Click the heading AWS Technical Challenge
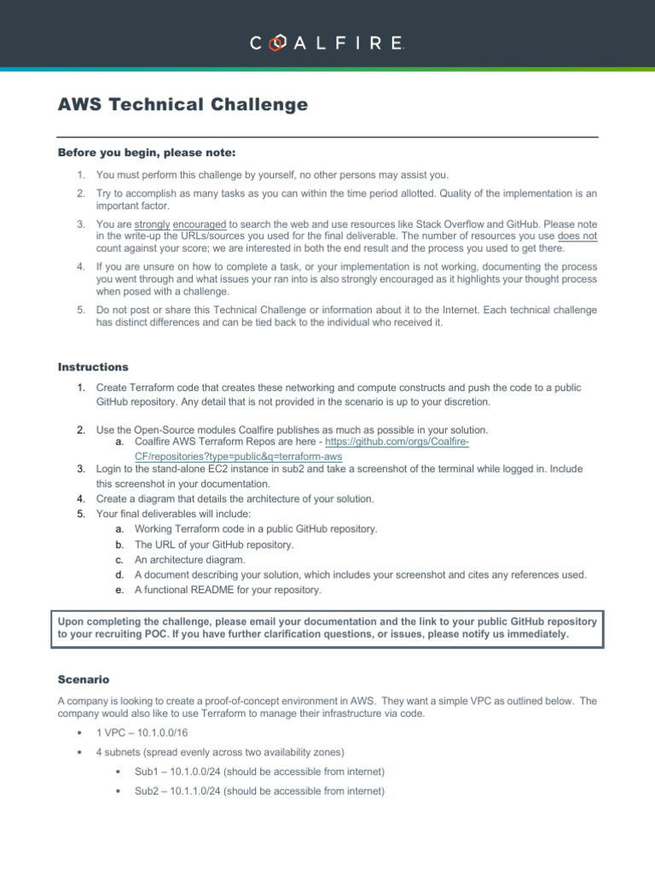pyautogui.click(x=182, y=105)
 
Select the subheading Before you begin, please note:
pyautogui.click(x=146, y=153)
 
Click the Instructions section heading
pyautogui.click(x=93, y=367)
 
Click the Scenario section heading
pyautogui.click(x=85, y=680)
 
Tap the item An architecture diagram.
pyautogui.click(x=189, y=560)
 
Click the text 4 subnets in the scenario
pyautogui.click(x=118, y=752)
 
